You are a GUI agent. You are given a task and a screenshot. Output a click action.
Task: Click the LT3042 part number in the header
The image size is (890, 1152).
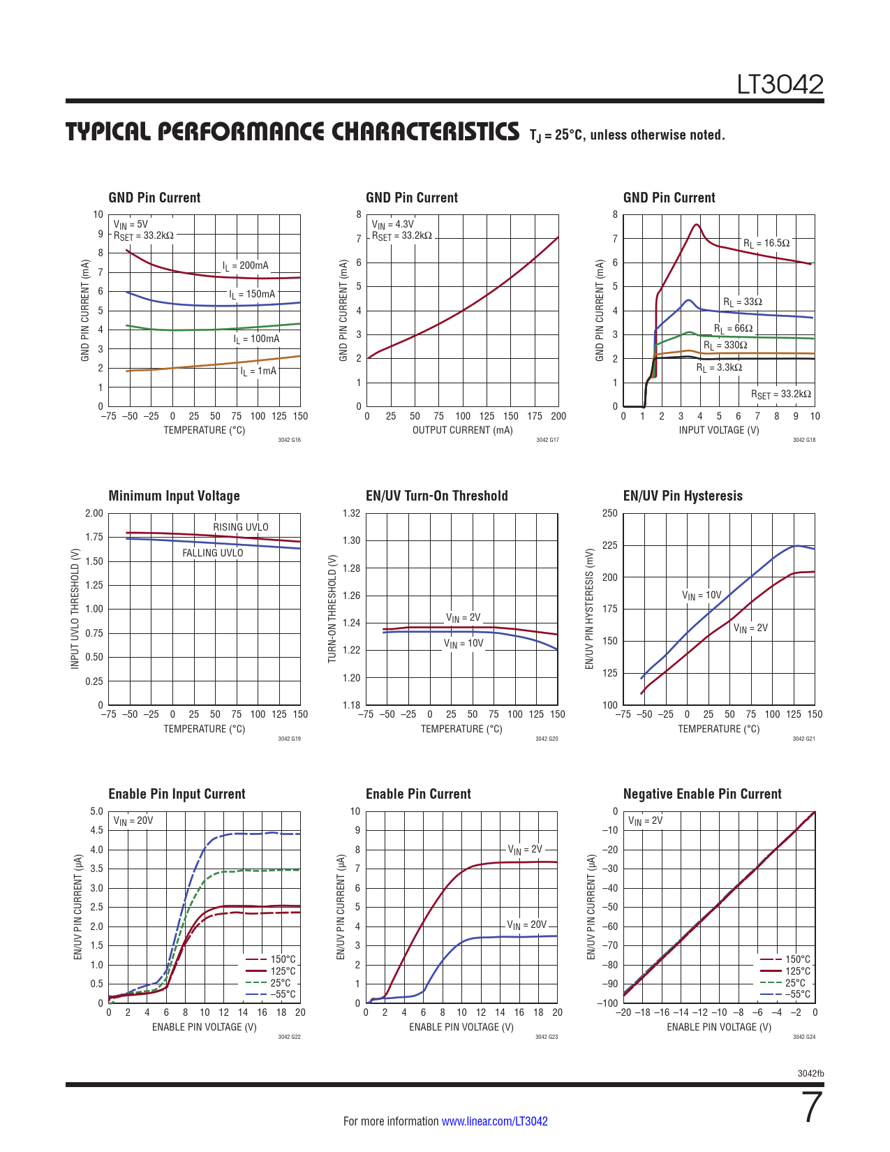tap(780, 84)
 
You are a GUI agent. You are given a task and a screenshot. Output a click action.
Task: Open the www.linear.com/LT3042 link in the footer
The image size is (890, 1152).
tap(494, 1121)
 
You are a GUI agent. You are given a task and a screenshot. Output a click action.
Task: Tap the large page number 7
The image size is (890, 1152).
tap(812, 1108)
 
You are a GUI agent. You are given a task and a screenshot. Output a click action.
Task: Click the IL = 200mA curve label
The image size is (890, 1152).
tap(245, 266)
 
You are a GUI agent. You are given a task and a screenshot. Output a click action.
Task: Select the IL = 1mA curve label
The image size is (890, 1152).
tap(258, 371)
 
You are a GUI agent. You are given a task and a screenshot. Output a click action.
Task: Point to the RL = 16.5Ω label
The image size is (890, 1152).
tap(766, 244)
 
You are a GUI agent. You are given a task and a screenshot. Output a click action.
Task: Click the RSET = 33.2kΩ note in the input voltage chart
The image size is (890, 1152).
tap(780, 394)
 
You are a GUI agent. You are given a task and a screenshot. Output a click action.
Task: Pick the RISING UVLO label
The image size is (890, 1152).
tap(240, 527)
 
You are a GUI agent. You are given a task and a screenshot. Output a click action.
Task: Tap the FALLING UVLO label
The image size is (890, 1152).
tap(213, 553)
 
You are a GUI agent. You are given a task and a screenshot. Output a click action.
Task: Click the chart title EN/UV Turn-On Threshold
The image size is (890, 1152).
tap(436, 496)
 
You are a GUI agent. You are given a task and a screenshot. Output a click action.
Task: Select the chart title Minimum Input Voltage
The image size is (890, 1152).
tap(174, 496)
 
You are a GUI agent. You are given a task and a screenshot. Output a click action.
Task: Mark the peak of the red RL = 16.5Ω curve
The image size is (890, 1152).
tap(696, 225)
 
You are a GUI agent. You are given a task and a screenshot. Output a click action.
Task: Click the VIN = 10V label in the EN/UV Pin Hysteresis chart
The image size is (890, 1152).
tap(701, 596)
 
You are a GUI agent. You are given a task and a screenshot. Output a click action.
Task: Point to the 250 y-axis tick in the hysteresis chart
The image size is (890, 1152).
tap(609, 514)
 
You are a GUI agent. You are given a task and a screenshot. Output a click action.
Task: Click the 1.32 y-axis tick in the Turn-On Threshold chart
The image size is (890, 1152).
tap(352, 514)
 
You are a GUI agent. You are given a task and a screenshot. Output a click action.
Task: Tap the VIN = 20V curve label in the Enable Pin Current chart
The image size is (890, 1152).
tap(526, 925)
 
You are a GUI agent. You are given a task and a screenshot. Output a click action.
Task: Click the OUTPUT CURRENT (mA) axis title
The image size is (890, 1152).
tap(462, 430)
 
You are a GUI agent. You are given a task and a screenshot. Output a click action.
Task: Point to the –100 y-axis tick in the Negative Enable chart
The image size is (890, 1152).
tap(608, 1003)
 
